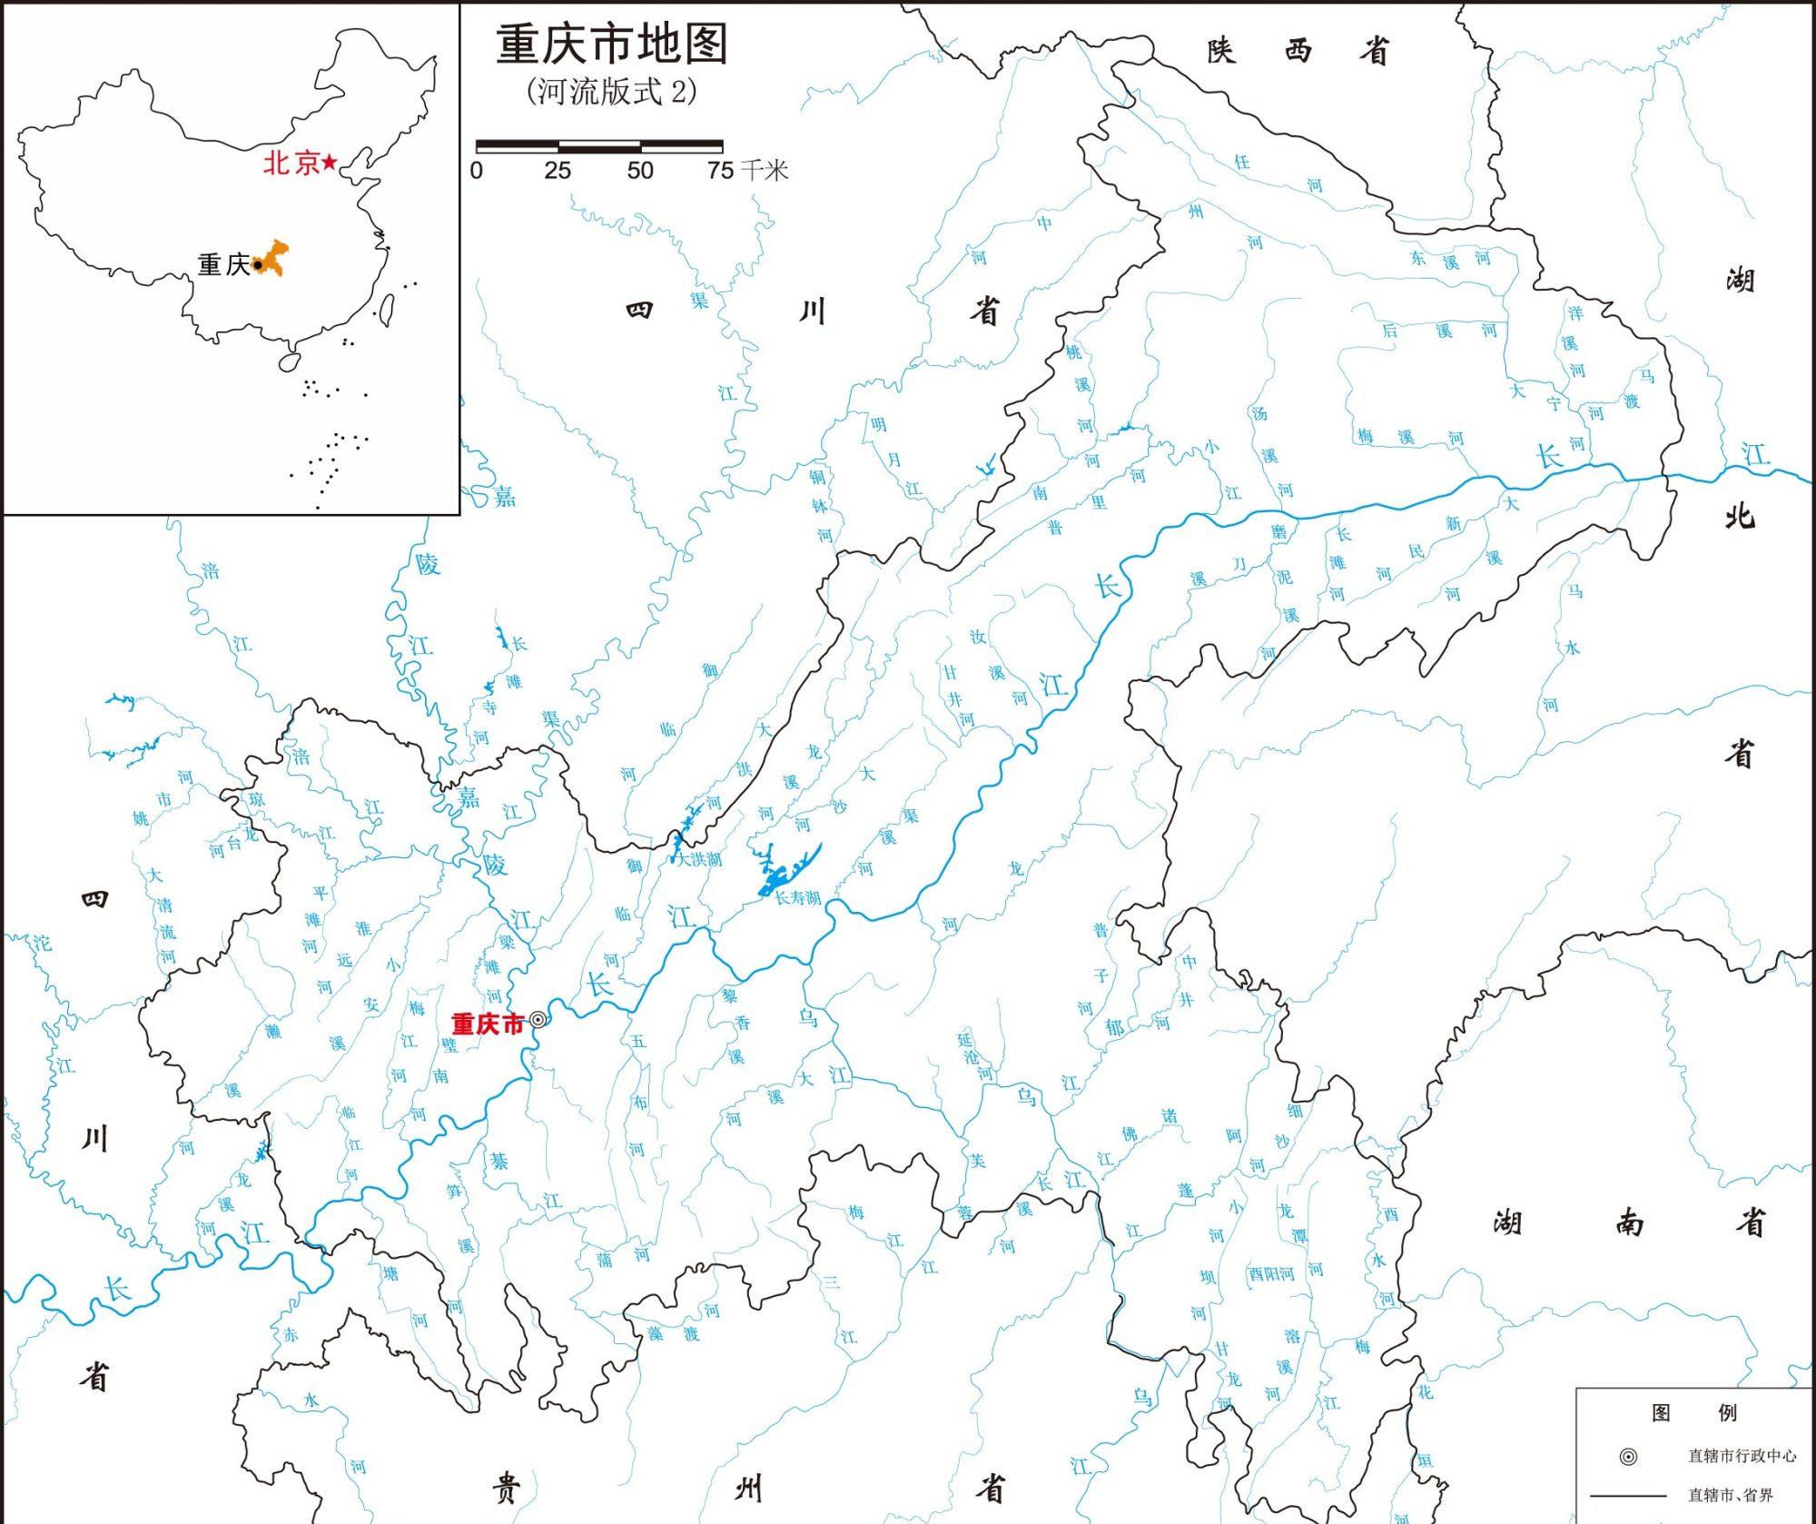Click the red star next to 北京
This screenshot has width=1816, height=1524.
tap(330, 163)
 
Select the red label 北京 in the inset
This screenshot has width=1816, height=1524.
tap(291, 163)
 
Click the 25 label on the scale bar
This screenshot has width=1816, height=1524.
tap(558, 171)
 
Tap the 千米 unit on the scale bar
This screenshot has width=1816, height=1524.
tap(764, 171)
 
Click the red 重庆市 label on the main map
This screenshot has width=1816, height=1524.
tap(488, 1024)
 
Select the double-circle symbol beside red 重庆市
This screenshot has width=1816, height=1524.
tap(538, 1020)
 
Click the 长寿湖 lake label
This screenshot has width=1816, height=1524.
tap(797, 897)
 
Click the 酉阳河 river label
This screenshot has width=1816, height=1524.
tap(1270, 1273)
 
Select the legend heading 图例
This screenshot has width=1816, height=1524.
tap(1693, 1412)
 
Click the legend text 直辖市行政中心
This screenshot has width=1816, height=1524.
tap(1742, 1456)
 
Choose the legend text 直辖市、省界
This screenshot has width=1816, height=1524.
tap(1730, 1495)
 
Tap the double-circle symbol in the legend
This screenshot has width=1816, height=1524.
tap(1628, 1457)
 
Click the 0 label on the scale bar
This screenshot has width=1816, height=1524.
tap(477, 171)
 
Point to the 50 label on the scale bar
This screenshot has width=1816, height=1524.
tap(640, 171)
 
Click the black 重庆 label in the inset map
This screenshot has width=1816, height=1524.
tap(223, 264)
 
